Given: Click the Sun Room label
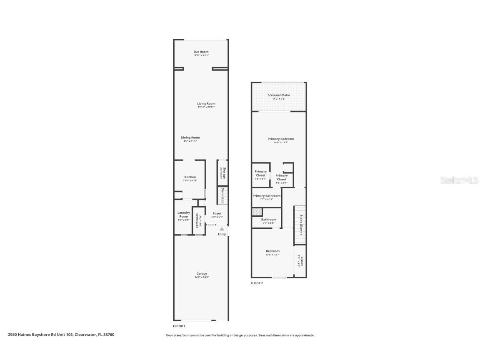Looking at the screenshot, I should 201,52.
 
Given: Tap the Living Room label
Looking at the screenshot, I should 206,103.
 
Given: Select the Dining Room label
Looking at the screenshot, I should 190,137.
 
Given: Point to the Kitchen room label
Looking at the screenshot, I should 190,177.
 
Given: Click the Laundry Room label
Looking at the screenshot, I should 183,215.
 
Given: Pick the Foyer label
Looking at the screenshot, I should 217,213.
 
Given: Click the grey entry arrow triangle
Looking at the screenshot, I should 222,229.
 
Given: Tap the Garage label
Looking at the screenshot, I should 202,274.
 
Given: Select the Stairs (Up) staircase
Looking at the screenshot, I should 222,195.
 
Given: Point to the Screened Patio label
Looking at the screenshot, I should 279,95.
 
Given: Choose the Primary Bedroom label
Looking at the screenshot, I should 280,139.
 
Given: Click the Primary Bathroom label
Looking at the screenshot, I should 266,196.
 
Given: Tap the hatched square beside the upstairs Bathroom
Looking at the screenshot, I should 256,212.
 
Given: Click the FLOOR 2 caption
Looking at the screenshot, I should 257,283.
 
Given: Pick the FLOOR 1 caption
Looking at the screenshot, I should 179,326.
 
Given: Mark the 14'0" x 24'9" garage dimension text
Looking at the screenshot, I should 202,277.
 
